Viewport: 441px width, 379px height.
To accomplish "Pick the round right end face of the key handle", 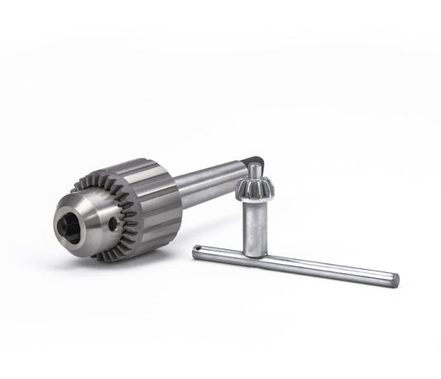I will (395, 280).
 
